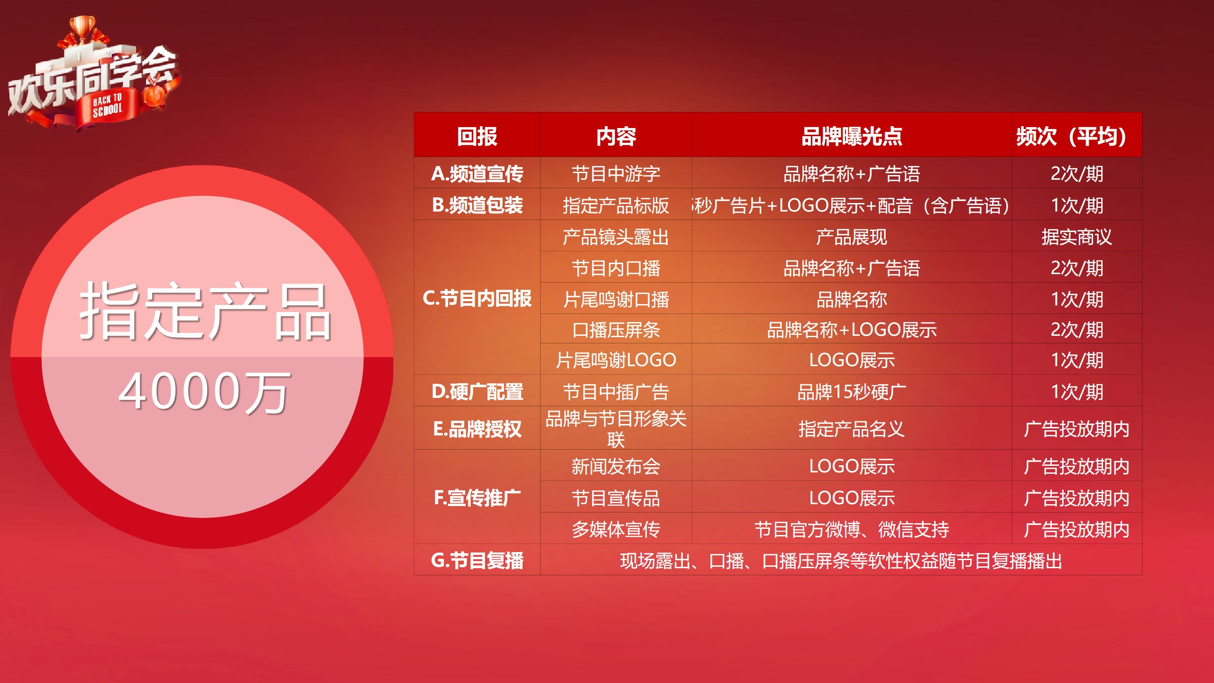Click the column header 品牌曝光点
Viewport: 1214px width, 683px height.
click(852, 137)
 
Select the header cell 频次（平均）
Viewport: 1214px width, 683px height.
click(1076, 137)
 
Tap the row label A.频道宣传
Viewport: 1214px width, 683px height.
click(477, 174)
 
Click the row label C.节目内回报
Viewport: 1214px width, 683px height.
click(477, 298)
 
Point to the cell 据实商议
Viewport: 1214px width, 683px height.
click(1076, 237)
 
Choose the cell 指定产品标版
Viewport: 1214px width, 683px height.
click(616, 205)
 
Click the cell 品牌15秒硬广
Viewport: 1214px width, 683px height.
click(852, 392)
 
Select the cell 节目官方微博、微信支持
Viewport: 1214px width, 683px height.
click(852, 529)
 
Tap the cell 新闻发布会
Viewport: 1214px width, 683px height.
click(616, 466)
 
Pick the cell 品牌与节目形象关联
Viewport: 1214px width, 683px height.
click(616, 429)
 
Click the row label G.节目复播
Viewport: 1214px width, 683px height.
click(477, 560)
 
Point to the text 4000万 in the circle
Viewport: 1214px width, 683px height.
click(204, 392)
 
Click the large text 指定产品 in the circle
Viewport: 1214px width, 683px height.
click(205, 311)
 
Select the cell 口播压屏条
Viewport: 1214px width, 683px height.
click(616, 330)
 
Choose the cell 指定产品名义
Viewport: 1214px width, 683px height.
click(852, 429)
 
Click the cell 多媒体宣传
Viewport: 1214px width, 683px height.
click(616, 529)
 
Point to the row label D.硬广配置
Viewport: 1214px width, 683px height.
click(477, 392)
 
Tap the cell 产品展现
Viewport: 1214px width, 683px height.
click(852, 237)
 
